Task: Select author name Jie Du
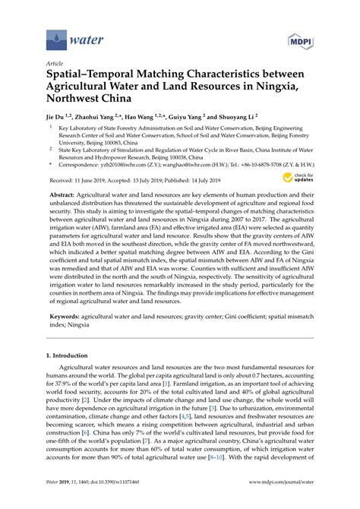tap(56, 119)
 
